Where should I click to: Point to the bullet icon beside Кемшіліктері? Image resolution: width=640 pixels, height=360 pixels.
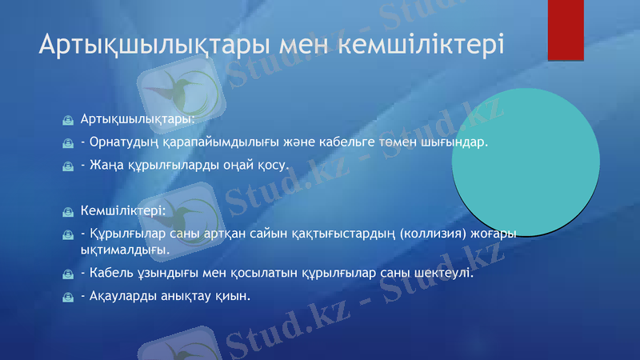click(69, 212)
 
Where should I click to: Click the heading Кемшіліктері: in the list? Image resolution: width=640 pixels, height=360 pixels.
click(123, 211)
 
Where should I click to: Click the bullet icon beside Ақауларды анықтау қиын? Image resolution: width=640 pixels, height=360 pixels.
click(69, 297)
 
